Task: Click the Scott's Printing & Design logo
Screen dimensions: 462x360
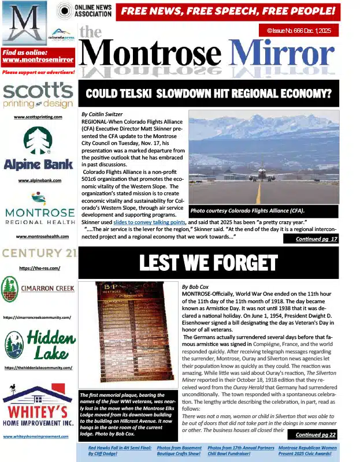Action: pos(38,96)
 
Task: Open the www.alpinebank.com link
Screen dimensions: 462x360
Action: pos(38,181)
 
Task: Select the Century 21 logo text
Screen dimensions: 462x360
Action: pos(38,253)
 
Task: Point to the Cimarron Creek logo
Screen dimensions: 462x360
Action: pos(38,289)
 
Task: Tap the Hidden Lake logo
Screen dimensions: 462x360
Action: pos(38,344)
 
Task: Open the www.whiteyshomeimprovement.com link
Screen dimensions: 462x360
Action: pos(38,437)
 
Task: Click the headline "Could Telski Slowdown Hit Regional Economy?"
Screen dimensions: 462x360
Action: pos(209,93)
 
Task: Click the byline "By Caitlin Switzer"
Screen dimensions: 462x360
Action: pos(102,114)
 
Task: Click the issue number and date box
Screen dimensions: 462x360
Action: pos(298,29)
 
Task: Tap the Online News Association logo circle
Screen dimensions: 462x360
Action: pos(64,10)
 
